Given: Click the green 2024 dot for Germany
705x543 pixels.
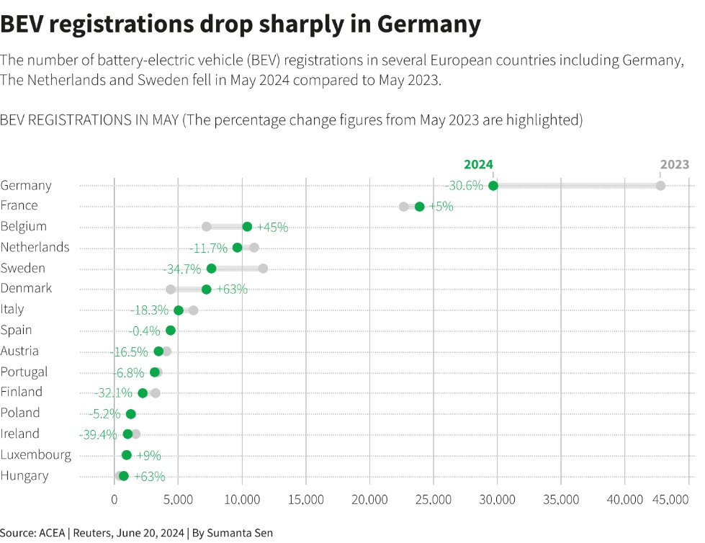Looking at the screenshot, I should pos(493,186).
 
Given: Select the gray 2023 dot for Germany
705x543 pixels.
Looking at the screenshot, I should pos(660,186).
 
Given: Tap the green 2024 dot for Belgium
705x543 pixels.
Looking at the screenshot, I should pos(247,226).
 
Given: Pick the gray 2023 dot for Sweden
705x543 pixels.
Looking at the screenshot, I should pos(263,269).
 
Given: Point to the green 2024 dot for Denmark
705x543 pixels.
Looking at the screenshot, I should pos(207,290).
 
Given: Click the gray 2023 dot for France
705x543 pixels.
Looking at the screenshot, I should pos(404,207).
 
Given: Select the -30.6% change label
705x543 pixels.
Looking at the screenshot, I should pos(464,186).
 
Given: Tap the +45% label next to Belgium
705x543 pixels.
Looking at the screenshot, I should pos(272,227).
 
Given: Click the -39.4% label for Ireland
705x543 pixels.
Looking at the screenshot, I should pos(99,434).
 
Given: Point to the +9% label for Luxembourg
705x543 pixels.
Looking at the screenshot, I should pos(148,455).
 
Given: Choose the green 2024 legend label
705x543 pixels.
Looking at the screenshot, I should pos(478,165).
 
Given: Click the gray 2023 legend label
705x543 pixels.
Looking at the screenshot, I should pos(675,165).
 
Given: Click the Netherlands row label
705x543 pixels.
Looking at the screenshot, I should pos(35,247).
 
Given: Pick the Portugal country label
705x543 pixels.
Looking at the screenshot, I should pos(24,372).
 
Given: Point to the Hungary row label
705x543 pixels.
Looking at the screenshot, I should pos(24,475).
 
